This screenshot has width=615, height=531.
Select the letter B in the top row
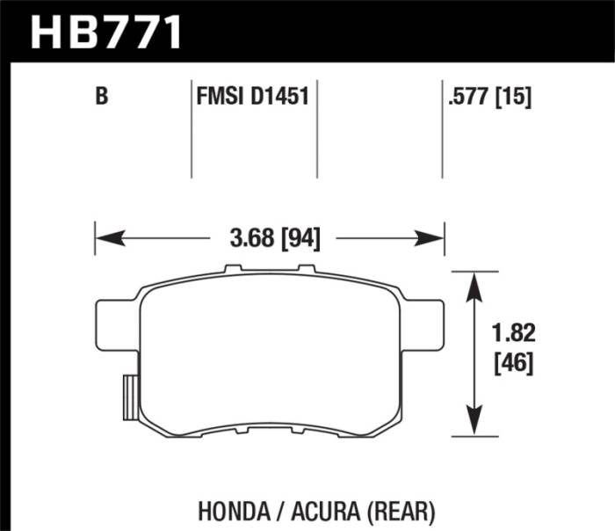point(102,97)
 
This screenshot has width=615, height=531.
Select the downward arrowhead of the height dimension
point(475,424)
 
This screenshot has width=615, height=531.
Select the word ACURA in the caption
point(317,509)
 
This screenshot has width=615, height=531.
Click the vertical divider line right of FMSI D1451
point(316,127)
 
